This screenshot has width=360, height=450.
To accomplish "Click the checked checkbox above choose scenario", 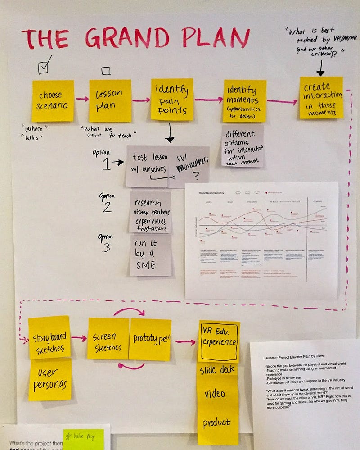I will [x=44, y=68].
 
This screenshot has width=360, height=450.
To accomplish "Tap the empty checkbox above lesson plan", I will [x=106, y=71].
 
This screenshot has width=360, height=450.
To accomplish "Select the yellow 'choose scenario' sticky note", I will [x=53, y=101].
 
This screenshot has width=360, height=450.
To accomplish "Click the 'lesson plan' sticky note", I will [x=110, y=100].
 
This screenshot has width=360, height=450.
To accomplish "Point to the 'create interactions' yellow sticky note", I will [x=321, y=98].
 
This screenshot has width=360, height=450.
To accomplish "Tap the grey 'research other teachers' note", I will [x=150, y=212].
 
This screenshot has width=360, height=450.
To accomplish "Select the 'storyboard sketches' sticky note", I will [x=49, y=337].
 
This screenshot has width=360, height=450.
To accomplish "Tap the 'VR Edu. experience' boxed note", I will [x=219, y=341].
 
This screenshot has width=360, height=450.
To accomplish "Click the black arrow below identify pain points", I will [x=170, y=133].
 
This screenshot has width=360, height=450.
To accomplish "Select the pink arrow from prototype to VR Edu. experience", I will [x=185, y=342].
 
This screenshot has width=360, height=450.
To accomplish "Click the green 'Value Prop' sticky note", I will [x=83, y=439].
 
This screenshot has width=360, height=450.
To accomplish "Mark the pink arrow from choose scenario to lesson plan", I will [x=81, y=99].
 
